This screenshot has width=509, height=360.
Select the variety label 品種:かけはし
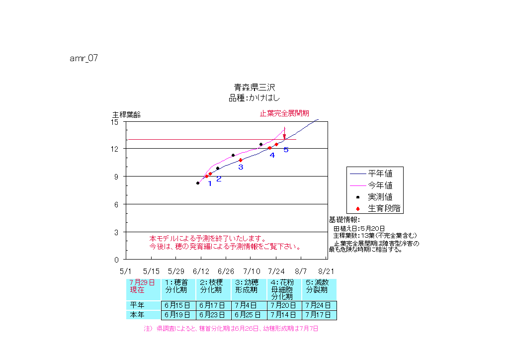pyautogui.click(x=254, y=98)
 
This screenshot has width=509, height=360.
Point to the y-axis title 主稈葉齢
pyautogui.click(x=126, y=114)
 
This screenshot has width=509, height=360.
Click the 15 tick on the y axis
pyautogui.click(x=115, y=121)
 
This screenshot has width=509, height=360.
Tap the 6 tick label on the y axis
pyautogui.click(x=117, y=204)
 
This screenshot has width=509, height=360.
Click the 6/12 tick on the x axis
pyautogui.click(x=201, y=271)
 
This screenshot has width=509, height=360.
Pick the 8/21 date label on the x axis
pyautogui.click(x=326, y=271)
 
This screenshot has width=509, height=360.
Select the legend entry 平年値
pyautogui.click(x=380, y=174)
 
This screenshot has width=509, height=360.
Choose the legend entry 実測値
pyautogui.click(x=380, y=197)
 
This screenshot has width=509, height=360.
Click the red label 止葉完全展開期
pyautogui.click(x=284, y=113)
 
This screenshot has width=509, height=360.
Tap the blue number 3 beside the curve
pyautogui.click(x=241, y=167)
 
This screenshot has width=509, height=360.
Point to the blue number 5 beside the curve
pyautogui.click(x=286, y=150)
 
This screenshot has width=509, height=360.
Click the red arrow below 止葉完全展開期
pyautogui.click(x=284, y=136)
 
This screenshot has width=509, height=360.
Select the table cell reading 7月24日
pyautogui.click(x=319, y=305)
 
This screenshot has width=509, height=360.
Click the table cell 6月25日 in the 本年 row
pyautogui.click(x=248, y=315)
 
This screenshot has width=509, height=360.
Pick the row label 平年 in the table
pyautogui.click(x=137, y=305)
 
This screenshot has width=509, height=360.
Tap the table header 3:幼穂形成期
pyautogui.click(x=248, y=286)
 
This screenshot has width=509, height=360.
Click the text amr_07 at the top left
pyautogui.click(x=84, y=58)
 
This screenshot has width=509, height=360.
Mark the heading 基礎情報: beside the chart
pyautogui.click(x=345, y=219)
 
